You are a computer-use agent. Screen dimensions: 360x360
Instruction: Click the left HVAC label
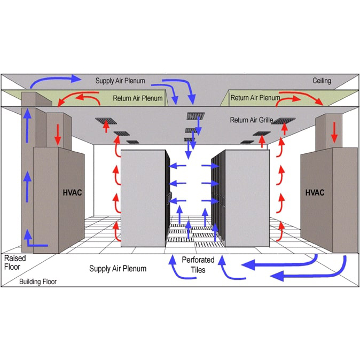[x=72, y=192]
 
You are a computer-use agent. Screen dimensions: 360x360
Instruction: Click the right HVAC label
[x=315, y=192]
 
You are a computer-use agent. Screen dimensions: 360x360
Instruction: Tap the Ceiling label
[x=322, y=81]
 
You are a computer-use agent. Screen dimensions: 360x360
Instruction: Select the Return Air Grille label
[x=252, y=120]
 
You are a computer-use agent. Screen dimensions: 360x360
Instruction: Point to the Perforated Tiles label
[x=198, y=265]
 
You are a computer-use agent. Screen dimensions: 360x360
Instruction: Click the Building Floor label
[x=38, y=281]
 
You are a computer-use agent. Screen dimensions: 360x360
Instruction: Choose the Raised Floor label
[x=15, y=262]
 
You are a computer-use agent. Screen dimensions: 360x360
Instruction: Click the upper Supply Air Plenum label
[x=120, y=81]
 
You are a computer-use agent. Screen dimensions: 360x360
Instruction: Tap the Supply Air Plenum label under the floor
[x=118, y=268]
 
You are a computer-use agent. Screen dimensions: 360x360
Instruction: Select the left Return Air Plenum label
[x=138, y=98]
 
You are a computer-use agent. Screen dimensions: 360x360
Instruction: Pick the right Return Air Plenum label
[x=255, y=98]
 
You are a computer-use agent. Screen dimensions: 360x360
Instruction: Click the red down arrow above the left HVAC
[x=58, y=135]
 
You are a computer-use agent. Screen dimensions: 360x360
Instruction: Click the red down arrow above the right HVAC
[x=334, y=132]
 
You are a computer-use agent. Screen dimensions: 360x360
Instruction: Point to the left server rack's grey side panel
[x=143, y=198]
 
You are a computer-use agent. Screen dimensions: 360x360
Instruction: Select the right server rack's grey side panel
[x=247, y=198]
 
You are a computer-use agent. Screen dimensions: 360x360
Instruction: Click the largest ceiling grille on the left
[x=106, y=121]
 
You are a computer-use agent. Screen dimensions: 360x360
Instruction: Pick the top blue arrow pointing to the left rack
[x=177, y=166]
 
